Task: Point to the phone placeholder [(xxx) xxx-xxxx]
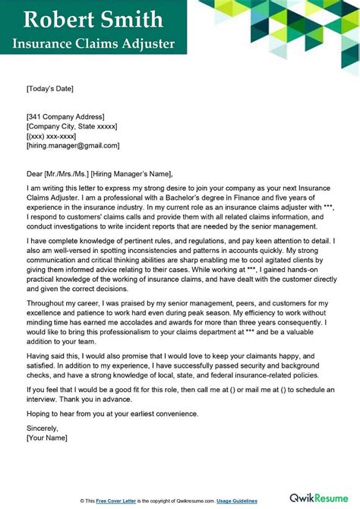(x=56, y=135)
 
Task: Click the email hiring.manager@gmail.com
(x=72, y=145)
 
